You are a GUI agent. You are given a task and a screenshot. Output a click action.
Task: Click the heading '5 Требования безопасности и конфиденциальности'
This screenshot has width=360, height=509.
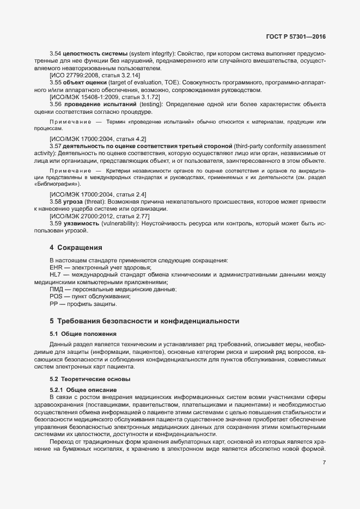click(x=144, y=321)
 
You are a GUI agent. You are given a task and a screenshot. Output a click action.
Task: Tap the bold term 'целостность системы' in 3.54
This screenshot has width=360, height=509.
click(x=95, y=55)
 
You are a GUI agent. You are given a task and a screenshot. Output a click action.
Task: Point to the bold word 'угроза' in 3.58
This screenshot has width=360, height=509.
click(x=73, y=201)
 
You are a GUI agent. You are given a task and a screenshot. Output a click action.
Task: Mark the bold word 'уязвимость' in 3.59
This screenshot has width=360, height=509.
click(x=81, y=224)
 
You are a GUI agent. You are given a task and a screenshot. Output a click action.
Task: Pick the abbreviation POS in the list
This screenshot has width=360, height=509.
click(x=57, y=297)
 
